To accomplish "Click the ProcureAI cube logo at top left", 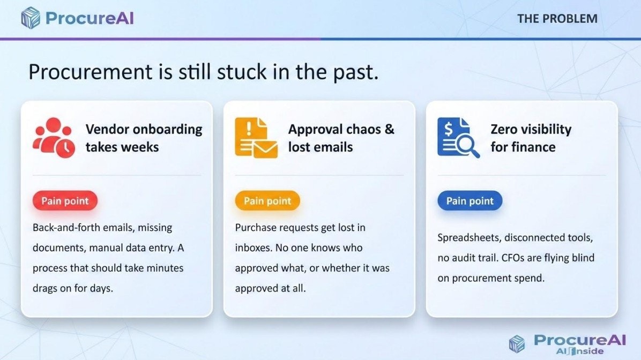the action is coord(31,18).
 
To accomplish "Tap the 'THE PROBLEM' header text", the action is coord(557,19).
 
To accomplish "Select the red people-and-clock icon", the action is coord(54,138).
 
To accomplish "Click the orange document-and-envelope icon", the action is coord(256,138).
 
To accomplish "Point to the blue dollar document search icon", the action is coord(458,138).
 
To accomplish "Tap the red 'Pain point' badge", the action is coord(65,201).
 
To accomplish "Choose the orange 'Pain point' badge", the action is coord(267,201).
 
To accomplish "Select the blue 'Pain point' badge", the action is coord(469,201).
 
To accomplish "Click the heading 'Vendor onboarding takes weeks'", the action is coord(144,138).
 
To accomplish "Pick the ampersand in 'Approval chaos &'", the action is coord(390,129).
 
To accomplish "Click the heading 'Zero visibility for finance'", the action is coord(531,138).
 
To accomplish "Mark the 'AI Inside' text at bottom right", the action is coord(580,351).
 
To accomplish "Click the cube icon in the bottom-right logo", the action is coord(517,343).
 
